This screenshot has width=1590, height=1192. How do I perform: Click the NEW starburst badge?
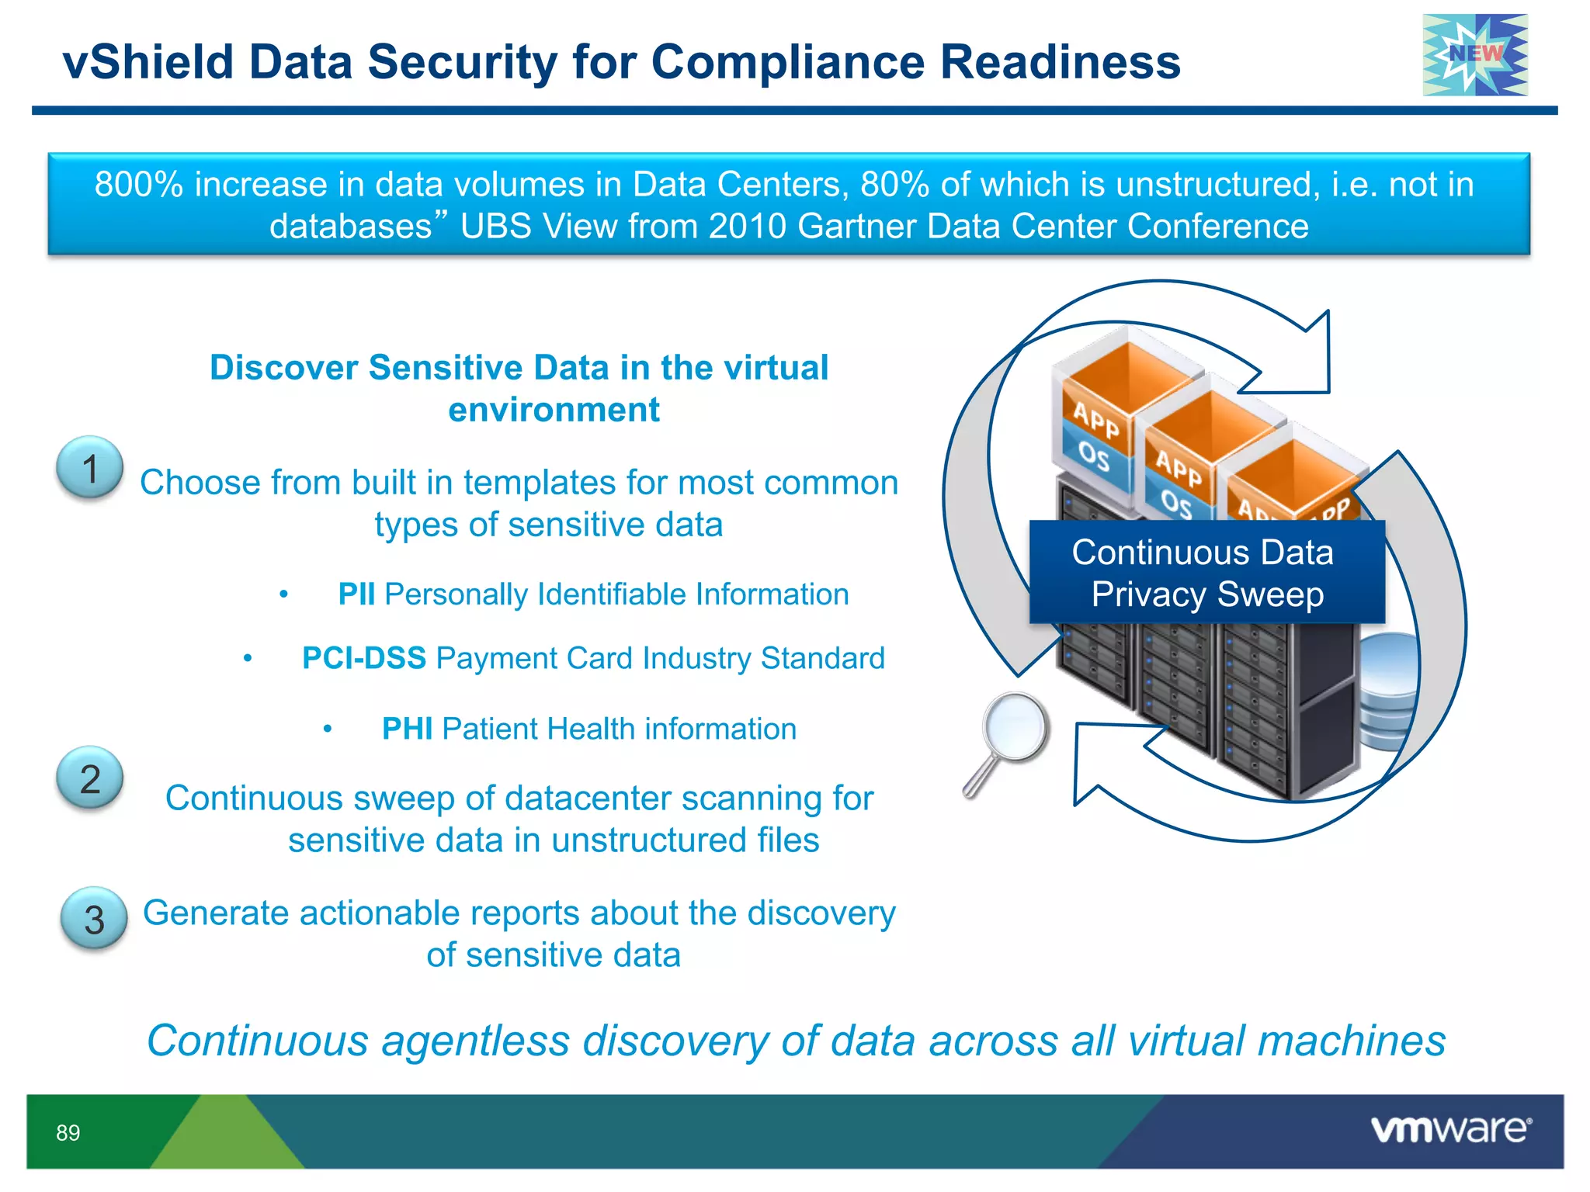[1474, 55]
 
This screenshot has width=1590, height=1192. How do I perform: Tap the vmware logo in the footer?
[1450, 1129]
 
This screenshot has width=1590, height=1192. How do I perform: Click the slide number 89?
[68, 1133]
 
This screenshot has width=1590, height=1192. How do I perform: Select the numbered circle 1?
[90, 468]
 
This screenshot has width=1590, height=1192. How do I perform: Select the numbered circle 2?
[90, 778]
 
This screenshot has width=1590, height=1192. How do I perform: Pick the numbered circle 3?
[94, 919]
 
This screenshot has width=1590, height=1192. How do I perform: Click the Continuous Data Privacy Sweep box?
[1206, 573]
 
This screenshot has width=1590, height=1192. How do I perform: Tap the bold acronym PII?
[356, 594]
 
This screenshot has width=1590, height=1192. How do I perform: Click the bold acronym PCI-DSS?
[363, 658]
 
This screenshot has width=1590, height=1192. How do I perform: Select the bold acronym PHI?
[407, 729]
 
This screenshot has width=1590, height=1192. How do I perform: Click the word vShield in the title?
[148, 62]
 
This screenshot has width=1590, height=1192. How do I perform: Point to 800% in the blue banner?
[138, 185]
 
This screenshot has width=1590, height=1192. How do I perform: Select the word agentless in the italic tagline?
[475, 1041]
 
